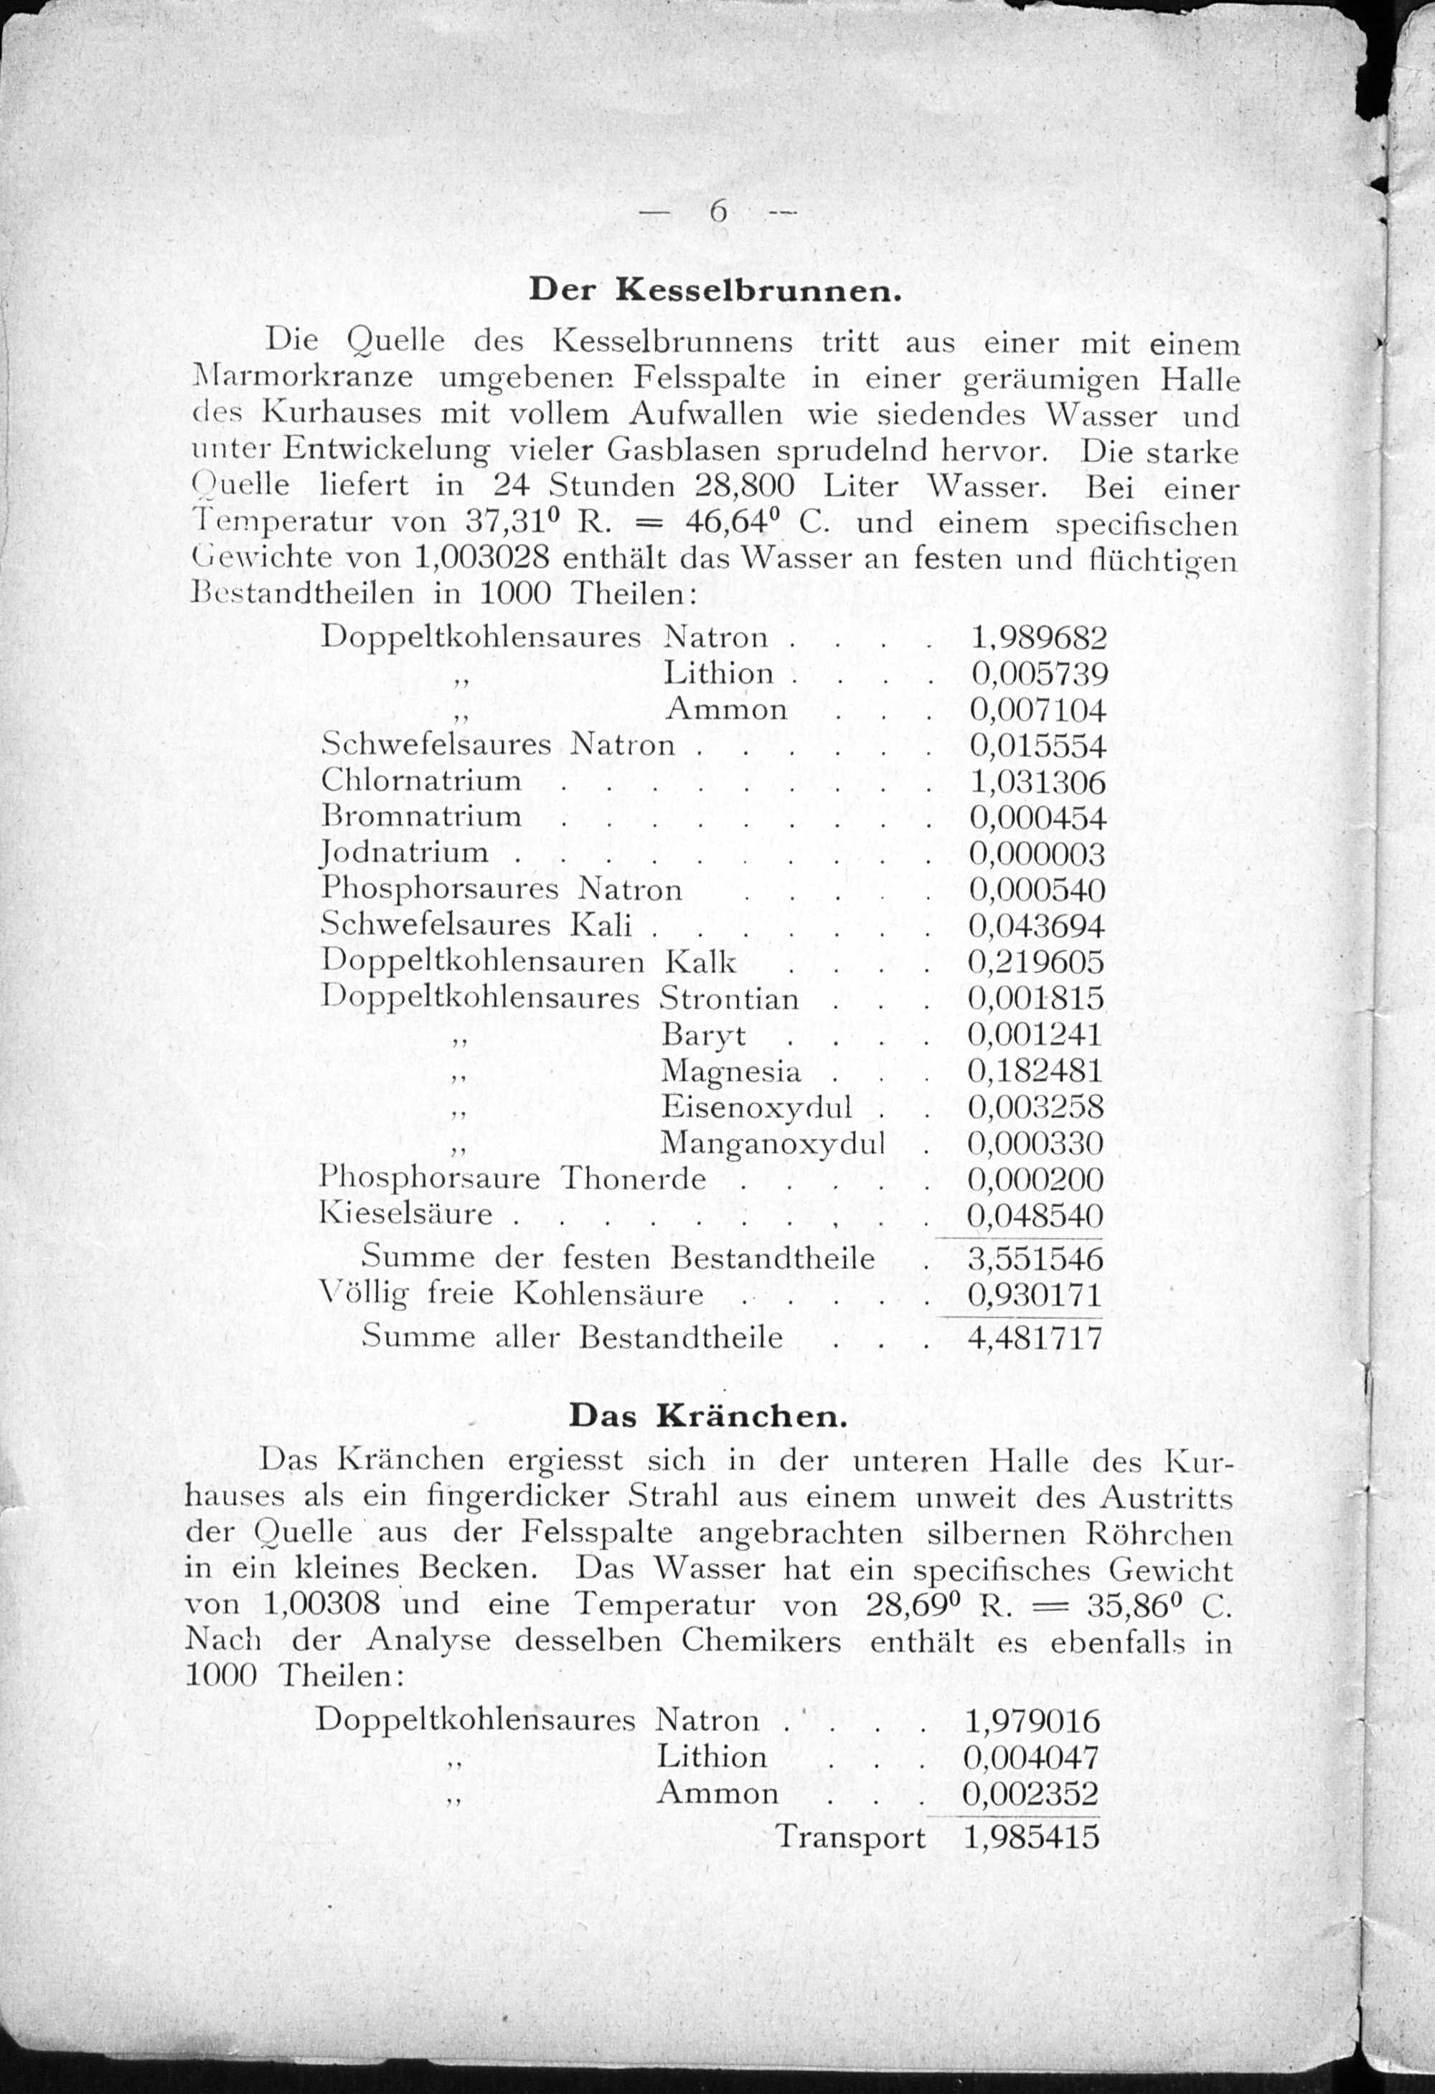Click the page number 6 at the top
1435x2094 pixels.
(x=718, y=211)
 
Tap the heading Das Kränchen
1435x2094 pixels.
(x=708, y=1416)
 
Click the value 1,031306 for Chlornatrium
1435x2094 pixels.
(x=1038, y=781)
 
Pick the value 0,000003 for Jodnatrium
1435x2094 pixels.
(x=1037, y=853)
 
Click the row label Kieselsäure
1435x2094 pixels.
(x=406, y=1213)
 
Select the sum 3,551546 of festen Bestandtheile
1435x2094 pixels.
(x=1035, y=1258)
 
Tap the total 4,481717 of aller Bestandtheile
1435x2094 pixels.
(x=1035, y=1337)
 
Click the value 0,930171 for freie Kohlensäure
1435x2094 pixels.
(x=1035, y=1295)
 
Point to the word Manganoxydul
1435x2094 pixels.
(x=773, y=1143)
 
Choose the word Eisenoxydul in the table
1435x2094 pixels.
(x=757, y=1107)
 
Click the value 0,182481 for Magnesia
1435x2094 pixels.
(x=1035, y=1071)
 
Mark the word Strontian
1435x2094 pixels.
(x=729, y=998)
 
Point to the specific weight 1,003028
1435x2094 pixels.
(x=482, y=558)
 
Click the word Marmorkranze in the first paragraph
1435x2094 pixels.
(x=304, y=377)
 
